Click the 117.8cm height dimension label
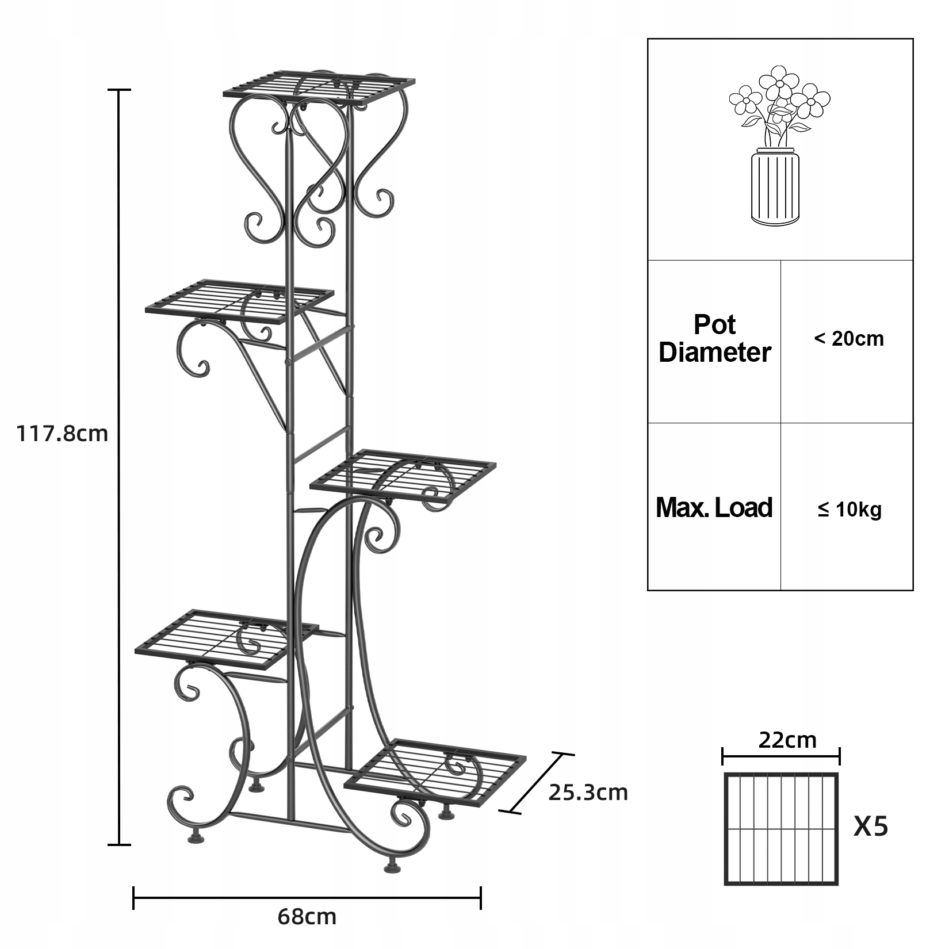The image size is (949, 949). click(x=62, y=433)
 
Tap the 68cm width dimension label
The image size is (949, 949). click(x=307, y=916)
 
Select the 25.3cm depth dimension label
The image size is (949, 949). click(x=588, y=793)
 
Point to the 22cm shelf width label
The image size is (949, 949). click(x=787, y=740)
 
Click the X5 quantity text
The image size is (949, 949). click(x=871, y=827)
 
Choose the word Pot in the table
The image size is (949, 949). click(x=714, y=325)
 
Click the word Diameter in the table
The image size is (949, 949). click(x=714, y=353)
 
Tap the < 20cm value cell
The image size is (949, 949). click(x=849, y=339)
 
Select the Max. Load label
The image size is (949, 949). click(x=714, y=508)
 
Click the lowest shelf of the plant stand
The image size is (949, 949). click(x=435, y=771)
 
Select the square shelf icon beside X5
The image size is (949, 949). click(x=781, y=829)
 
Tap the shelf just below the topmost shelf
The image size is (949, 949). click(x=239, y=301)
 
